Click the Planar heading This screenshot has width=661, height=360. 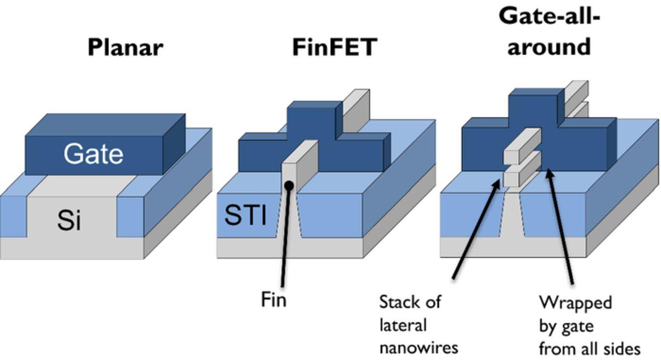click(125, 47)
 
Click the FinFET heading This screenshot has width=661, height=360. click(334, 47)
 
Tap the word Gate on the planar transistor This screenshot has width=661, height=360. click(93, 154)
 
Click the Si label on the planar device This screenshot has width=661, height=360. click(69, 221)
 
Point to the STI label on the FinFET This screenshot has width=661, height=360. click(245, 215)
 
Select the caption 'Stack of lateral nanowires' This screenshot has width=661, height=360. click(418, 324)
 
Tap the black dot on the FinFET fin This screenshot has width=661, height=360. click(290, 185)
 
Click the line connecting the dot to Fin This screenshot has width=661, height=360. click(286, 238)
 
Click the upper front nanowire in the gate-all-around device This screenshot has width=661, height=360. click(522, 147)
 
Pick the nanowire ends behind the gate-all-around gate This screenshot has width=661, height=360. click(576, 98)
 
